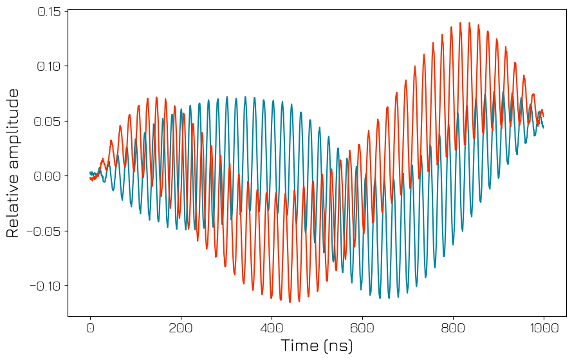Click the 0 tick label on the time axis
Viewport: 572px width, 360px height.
pos(90,328)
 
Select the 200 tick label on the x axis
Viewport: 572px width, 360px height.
pos(181,328)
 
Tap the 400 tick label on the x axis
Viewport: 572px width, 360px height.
pos(272,328)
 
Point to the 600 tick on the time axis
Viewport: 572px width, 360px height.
pos(362,328)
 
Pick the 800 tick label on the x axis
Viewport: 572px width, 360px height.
pos(453,328)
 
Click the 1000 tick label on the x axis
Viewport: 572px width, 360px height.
pos(544,328)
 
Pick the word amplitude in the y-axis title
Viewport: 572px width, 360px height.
pos(14,129)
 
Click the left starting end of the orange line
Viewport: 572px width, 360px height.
pos(90,178)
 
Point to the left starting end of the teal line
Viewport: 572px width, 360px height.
pos(90,172)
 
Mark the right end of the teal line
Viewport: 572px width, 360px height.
pos(544,127)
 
